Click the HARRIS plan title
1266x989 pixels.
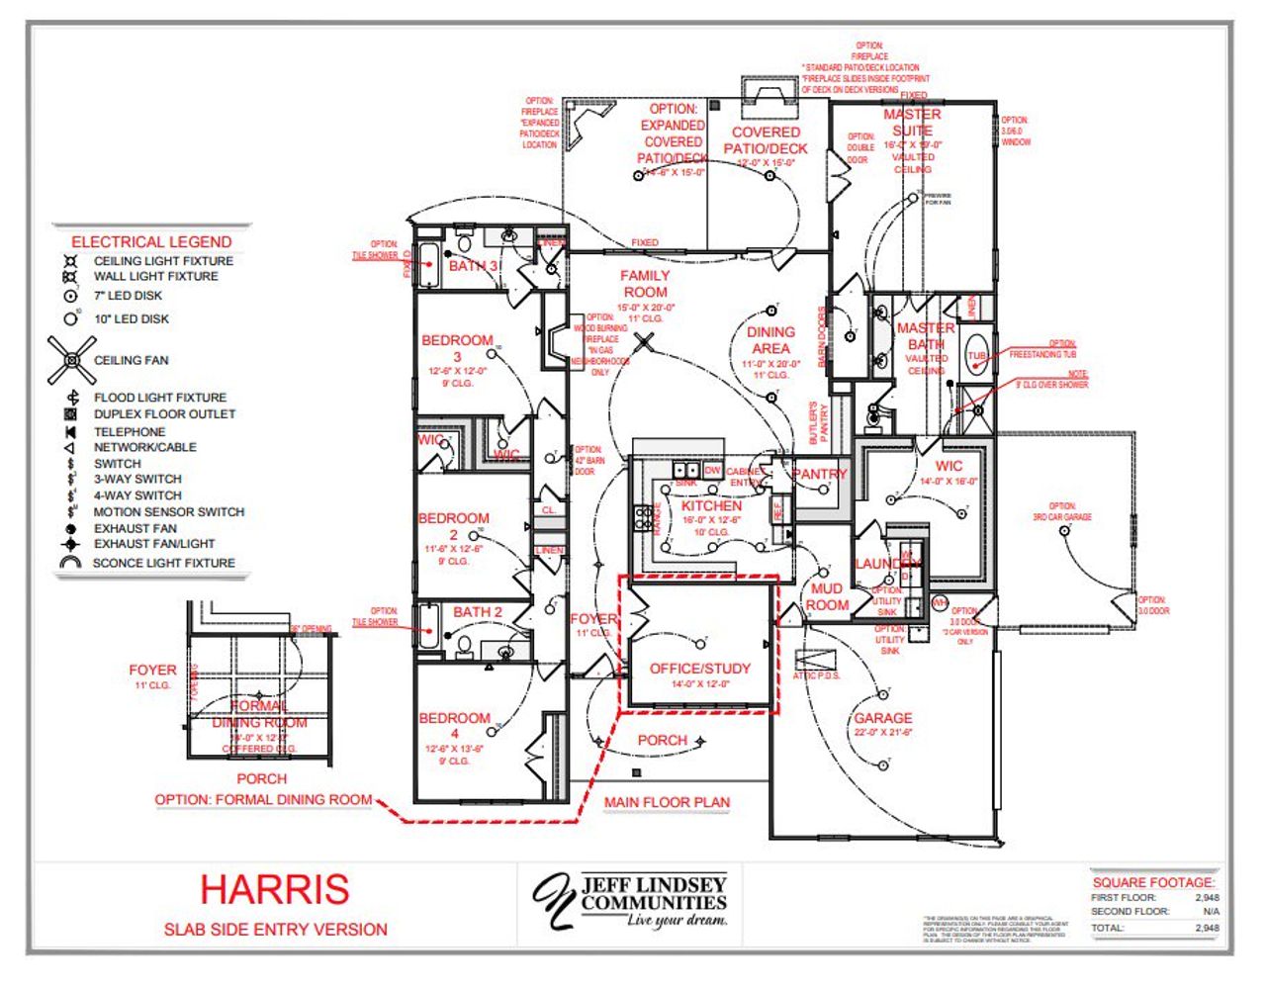pos(274,888)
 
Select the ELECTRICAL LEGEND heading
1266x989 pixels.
pos(151,241)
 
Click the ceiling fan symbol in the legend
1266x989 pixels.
pos(71,361)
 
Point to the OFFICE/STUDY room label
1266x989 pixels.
pos(699,669)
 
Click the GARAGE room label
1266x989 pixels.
pos(882,718)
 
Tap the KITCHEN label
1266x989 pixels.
pos(711,505)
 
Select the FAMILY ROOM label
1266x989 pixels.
pos(645,284)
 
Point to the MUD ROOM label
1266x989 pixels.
pos(827,596)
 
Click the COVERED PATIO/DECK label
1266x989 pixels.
pos(766,140)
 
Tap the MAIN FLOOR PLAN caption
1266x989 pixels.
pos(667,802)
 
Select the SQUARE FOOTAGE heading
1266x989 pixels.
pos(1153,882)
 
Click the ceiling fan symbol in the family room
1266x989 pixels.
pos(645,343)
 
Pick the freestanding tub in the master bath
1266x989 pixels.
pos(977,357)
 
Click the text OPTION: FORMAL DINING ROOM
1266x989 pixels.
pos(263,799)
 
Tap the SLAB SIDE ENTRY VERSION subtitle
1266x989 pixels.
pos(275,930)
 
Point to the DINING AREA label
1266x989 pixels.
pos(770,340)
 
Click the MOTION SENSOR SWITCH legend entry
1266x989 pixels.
pos(168,512)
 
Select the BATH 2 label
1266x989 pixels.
pos(478,612)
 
